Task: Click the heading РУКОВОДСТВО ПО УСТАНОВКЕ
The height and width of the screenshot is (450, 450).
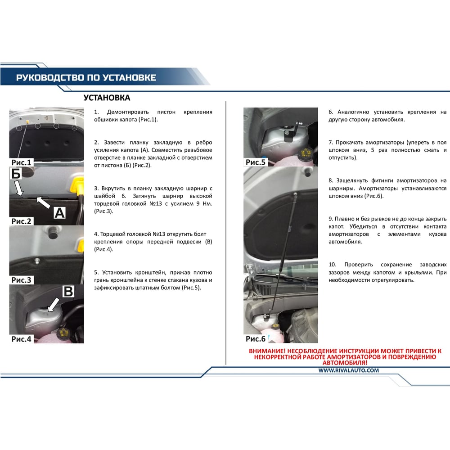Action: click(x=86, y=78)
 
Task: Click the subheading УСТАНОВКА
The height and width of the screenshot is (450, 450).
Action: click(x=107, y=98)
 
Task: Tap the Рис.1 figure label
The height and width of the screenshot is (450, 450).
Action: click(x=21, y=162)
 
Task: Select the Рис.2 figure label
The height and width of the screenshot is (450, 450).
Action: click(x=21, y=221)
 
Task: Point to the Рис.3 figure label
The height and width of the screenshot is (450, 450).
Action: click(x=21, y=280)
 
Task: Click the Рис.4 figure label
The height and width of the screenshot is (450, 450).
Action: click(x=21, y=339)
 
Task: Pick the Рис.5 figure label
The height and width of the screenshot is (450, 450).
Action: click(x=256, y=162)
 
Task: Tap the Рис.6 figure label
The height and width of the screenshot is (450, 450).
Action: click(x=256, y=339)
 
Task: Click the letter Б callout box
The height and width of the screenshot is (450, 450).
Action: click(x=16, y=173)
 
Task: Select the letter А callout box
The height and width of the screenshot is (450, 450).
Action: click(x=59, y=213)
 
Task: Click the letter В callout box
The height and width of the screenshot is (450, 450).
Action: click(x=68, y=291)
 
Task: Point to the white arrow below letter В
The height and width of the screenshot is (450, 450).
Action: click(x=54, y=305)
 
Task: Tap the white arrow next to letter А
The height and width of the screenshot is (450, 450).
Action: click(x=43, y=202)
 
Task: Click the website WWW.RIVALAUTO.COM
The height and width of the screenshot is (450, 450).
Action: click(x=348, y=370)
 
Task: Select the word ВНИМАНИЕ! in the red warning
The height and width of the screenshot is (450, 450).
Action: click(x=267, y=351)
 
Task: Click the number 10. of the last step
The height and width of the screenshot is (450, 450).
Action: click(x=333, y=265)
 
